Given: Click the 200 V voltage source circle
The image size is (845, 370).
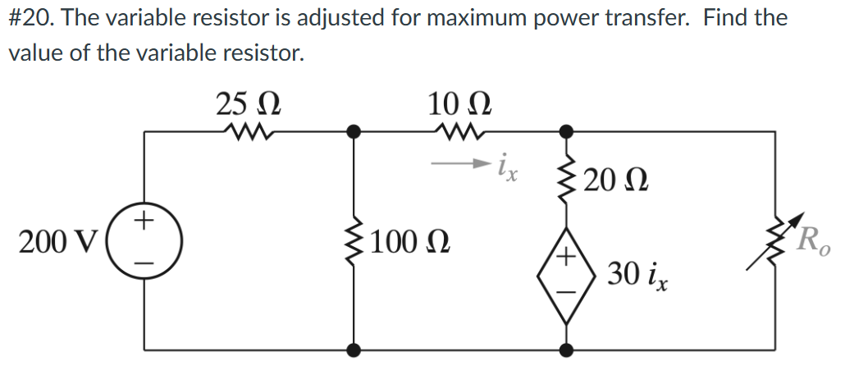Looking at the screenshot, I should tap(144, 240).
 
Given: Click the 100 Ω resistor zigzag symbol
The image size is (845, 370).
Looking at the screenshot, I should tap(354, 240).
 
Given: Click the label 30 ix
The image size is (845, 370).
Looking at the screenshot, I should tap(637, 276).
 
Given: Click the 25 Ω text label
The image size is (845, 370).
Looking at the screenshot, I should tap(249, 104).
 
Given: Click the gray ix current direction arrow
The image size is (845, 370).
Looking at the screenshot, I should tap(461, 163).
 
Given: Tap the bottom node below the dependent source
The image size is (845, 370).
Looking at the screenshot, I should tap(564, 350).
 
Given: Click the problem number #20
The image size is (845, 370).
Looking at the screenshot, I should tap(30, 18).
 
